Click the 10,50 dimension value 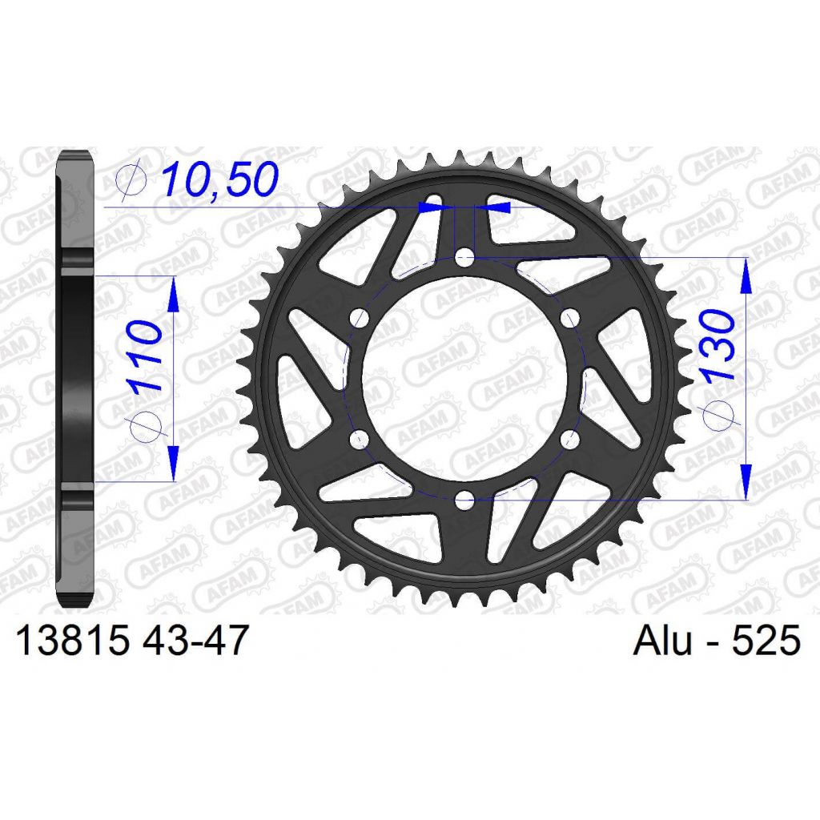[219, 179]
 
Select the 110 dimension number [143, 356]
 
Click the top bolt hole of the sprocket [464, 257]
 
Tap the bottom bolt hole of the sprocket [464, 500]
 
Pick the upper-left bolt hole [359, 318]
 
